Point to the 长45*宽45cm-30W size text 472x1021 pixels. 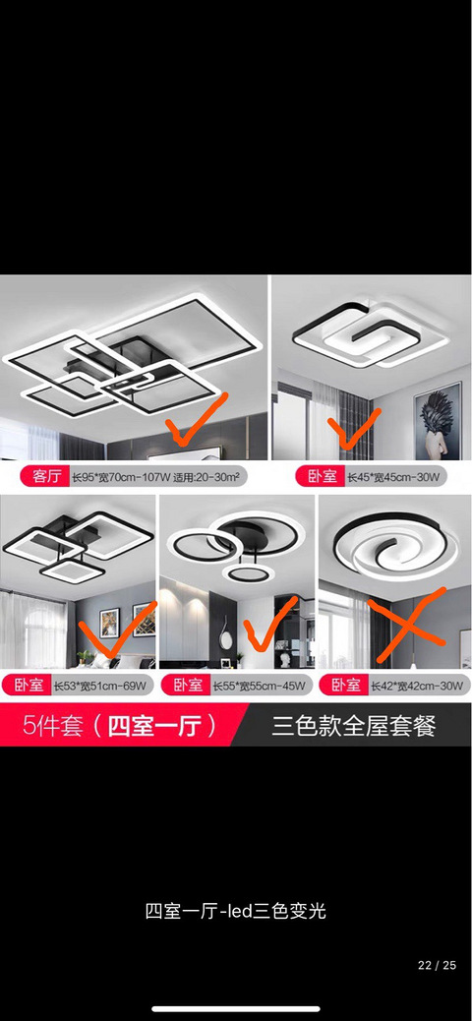[x=393, y=477]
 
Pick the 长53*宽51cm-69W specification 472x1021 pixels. [x=99, y=685]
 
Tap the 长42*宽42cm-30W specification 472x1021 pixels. [x=417, y=685]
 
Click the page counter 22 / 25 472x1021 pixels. [x=437, y=965]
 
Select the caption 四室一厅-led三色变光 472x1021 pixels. [x=236, y=911]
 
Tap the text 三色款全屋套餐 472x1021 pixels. [x=354, y=725]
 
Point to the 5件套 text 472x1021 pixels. [x=53, y=725]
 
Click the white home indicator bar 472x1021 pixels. [x=236, y=1009]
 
